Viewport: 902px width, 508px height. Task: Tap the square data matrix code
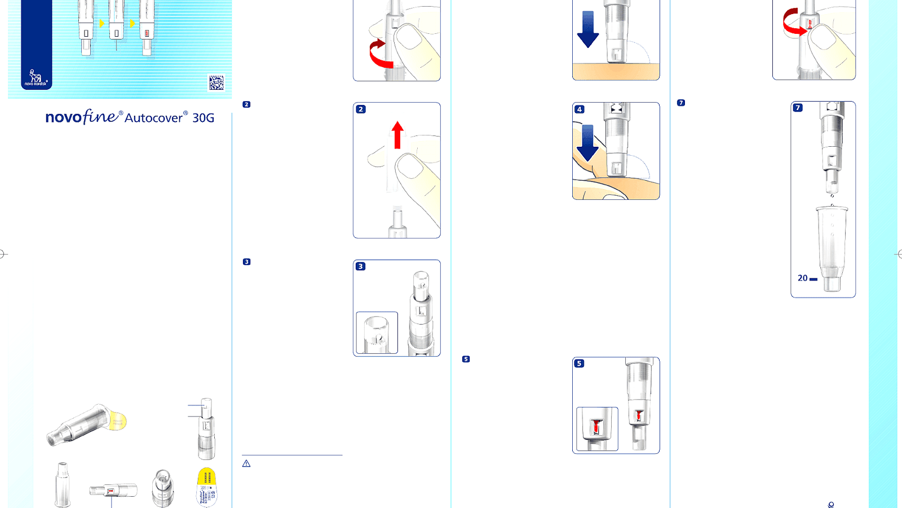[x=216, y=82]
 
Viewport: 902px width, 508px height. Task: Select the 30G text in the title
[x=203, y=118]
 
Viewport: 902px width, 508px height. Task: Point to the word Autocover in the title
[x=154, y=118]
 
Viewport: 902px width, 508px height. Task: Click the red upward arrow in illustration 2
[x=398, y=135]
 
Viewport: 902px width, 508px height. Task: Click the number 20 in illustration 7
[x=802, y=278]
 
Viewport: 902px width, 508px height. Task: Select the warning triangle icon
[x=246, y=463]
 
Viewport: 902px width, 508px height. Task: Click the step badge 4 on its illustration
[x=580, y=110]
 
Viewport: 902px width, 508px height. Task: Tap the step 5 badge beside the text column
[x=466, y=359]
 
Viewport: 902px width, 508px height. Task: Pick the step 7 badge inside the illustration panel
[x=798, y=108]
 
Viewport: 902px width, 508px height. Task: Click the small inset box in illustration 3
[x=377, y=332]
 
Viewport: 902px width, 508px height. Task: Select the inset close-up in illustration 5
[x=597, y=428]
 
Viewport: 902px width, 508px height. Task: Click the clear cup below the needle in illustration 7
[x=832, y=248]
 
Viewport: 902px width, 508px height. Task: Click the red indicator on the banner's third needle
[x=147, y=34]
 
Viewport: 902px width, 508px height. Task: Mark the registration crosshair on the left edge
[x=3, y=254]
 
